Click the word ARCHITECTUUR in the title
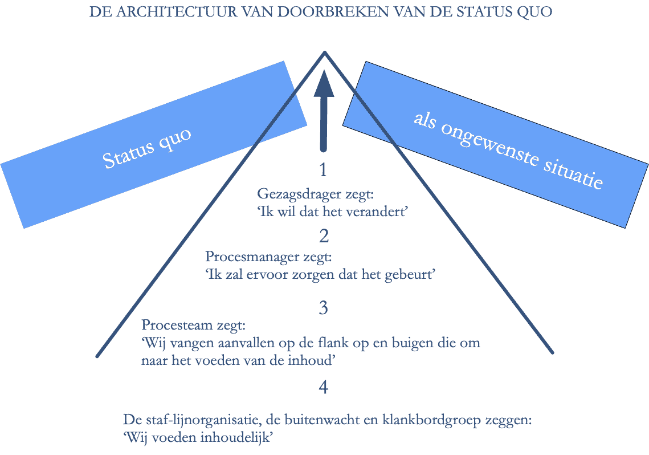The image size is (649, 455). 177,12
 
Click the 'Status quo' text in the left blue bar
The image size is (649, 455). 147,148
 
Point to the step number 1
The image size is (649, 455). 323,170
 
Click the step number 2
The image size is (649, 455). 324,236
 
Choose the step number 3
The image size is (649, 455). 324,308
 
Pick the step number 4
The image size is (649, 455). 324,387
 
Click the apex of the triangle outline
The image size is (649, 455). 325,52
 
